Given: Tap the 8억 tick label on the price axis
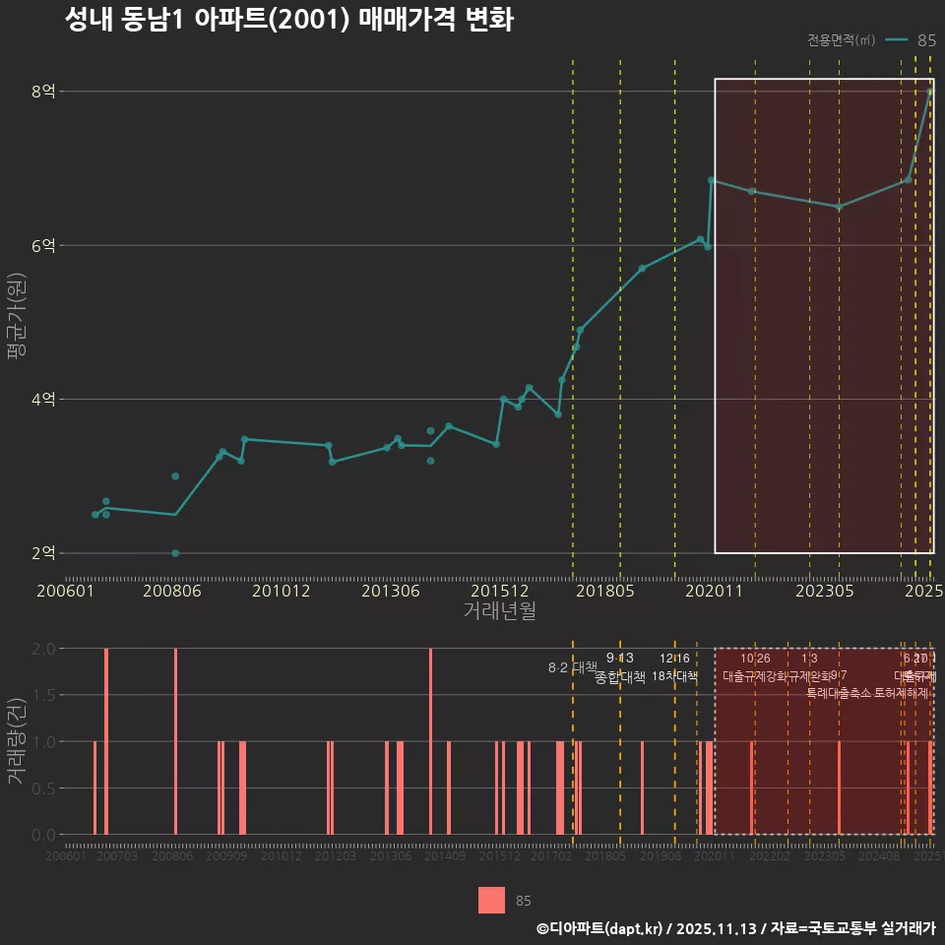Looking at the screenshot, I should pos(44,92).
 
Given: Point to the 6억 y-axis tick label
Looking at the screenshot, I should pos(44,245).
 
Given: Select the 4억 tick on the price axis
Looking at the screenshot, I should pos(44,399).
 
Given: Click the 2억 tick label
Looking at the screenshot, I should pos(44,552).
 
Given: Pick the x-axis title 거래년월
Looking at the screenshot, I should pos(499,610).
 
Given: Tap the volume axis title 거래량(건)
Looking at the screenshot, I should pos(17,741).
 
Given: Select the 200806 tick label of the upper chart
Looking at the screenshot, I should pos(173,591).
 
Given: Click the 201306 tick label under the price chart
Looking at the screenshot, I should pos(391,591).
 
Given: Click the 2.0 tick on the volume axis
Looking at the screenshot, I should pos(43,649).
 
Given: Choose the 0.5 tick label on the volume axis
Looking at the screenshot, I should pos(43,787).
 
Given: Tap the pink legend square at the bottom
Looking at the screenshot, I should pos(491,900).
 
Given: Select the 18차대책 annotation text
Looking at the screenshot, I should pos(674,676).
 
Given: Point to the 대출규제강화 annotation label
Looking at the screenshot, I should pos(755,676).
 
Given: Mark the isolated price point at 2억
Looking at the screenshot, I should pos(175,553).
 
